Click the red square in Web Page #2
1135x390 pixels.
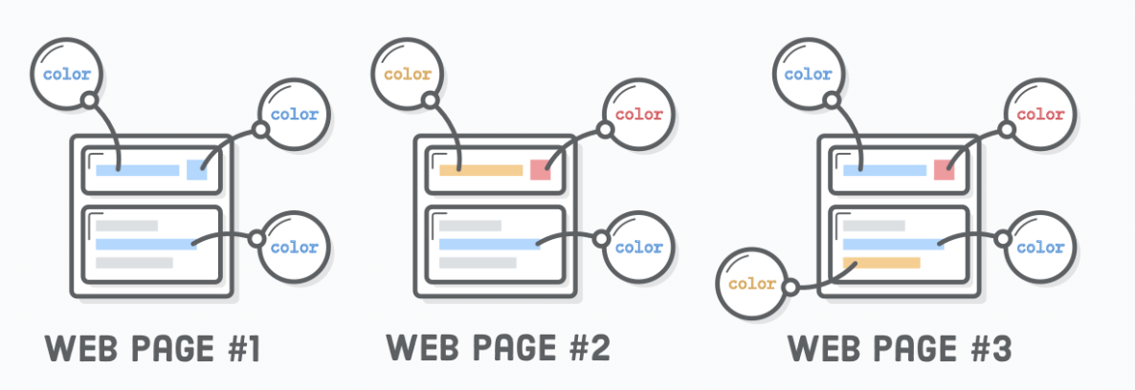tap(541, 170)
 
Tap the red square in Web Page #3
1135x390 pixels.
tap(945, 170)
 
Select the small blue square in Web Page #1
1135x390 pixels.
tap(196, 170)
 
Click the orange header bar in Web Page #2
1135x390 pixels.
tap(480, 171)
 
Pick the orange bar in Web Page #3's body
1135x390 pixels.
tap(881, 262)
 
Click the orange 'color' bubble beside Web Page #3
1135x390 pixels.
tap(751, 284)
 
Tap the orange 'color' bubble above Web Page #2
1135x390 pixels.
tap(406, 74)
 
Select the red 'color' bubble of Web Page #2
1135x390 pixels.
tap(638, 115)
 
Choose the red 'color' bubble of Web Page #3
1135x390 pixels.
tap(1040, 115)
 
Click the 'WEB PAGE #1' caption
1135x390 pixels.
tap(152, 349)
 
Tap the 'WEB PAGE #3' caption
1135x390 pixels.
tap(900, 349)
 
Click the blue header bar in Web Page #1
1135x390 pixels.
tap(137, 171)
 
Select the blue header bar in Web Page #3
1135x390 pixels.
tap(884, 171)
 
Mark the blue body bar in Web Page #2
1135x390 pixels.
tap(489, 244)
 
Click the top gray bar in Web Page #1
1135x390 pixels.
tap(126, 226)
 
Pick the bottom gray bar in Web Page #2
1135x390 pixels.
tap(478, 262)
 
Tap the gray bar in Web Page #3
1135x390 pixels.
tap(874, 226)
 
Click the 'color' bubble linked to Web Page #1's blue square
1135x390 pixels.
tap(294, 115)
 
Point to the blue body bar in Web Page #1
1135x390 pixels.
tap(145, 244)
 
